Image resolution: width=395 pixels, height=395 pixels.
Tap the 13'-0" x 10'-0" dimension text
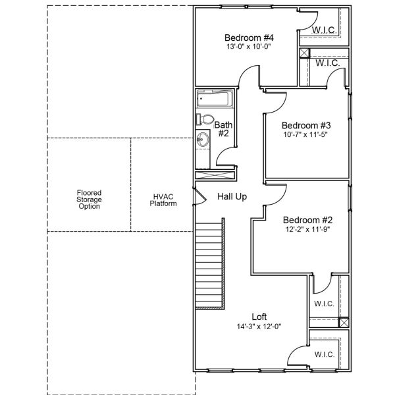pos(248,47)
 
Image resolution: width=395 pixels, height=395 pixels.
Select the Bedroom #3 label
pos(306,125)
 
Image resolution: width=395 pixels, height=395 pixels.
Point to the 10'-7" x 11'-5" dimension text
pos(305,134)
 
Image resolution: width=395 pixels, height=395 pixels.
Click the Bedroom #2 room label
pos(308,220)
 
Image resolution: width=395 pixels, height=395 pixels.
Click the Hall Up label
pos(232,197)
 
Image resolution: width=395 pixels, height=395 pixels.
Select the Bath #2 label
pos(223,128)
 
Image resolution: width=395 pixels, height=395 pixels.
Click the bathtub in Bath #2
pos(214,99)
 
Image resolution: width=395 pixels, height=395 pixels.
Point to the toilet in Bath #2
pos(205,119)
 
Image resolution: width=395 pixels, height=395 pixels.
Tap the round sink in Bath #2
pos(203,139)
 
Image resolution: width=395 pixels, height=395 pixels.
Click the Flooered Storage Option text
pos(89,199)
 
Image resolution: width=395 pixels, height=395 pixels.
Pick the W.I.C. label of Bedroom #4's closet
pos(325,30)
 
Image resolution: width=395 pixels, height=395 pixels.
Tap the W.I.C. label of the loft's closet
pos(324,354)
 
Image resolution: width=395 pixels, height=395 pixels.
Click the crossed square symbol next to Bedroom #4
pos(304,54)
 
